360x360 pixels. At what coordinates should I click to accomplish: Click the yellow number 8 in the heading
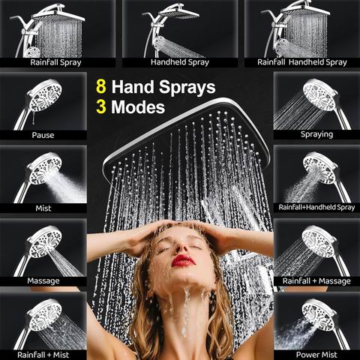point(101,86)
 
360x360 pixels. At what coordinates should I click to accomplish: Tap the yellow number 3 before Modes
point(101,106)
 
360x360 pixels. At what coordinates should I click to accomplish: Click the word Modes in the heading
point(138,107)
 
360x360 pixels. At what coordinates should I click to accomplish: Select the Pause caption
point(43,135)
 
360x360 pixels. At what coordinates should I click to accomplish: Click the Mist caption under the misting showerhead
point(43,208)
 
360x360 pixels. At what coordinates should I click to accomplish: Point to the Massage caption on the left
point(43,280)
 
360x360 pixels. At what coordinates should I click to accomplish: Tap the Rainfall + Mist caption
point(43,355)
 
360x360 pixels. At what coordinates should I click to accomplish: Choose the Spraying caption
point(316,134)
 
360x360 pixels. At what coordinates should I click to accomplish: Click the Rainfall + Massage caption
point(316,281)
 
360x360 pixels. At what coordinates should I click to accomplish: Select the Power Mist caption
point(316,355)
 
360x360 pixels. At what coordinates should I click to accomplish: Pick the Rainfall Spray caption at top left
point(55,62)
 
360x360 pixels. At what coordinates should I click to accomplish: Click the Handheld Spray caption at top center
point(180,62)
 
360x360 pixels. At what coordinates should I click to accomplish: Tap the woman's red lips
point(183,260)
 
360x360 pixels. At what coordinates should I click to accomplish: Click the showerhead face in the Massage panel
point(45,242)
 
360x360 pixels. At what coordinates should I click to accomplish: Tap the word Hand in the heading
point(133,87)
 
